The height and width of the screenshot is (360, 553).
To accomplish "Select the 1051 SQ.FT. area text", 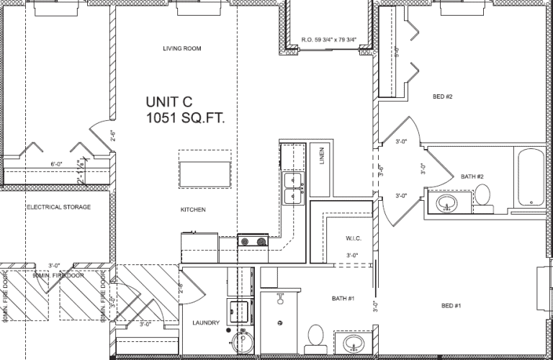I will click(x=186, y=117).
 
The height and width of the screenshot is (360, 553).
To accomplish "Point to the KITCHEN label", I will click(x=193, y=210).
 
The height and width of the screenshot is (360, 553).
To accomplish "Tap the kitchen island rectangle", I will click(x=205, y=174).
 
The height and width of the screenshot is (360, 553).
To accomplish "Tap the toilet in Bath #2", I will click(x=482, y=194).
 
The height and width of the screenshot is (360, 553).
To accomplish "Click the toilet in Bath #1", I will click(x=315, y=336).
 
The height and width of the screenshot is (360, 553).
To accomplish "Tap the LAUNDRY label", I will click(x=206, y=323).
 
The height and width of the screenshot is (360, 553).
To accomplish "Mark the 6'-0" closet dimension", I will click(x=58, y=165).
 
